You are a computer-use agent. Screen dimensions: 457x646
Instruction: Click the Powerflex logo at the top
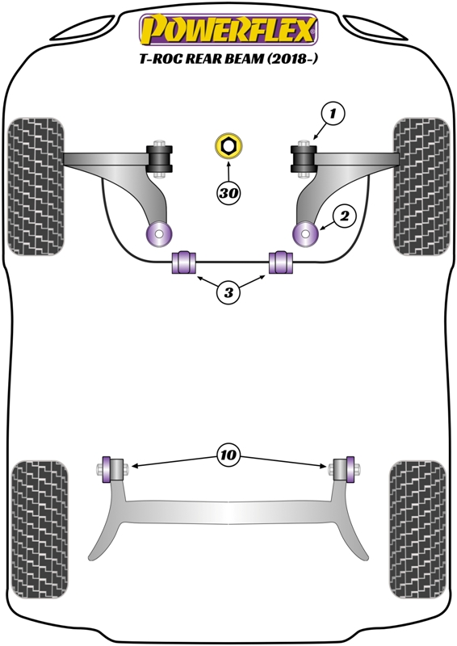click(228, 30)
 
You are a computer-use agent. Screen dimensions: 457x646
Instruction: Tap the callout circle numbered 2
click(344, 216)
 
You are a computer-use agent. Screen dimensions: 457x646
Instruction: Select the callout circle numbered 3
click(228, 292)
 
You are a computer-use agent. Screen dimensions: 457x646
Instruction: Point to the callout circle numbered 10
click(228, 455)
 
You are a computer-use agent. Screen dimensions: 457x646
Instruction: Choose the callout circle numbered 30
click(228, 193)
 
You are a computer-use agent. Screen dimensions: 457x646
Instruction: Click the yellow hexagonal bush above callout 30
click(228, 146)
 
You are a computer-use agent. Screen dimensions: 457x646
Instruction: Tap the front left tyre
click(36, 187)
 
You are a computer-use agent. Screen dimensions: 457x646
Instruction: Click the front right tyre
click(421, 187)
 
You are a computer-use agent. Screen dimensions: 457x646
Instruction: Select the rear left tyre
click(40, 530)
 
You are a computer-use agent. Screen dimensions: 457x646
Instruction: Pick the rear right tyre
click(418, 530)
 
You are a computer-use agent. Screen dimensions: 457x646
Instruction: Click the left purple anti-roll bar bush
click(184, 262)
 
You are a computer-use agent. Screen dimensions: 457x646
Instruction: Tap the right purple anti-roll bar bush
click(281, 262)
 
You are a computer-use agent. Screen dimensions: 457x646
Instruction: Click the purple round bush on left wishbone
click(159, 234)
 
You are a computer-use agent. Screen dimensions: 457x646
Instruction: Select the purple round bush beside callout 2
click(305, 233)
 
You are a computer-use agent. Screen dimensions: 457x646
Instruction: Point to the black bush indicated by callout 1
click(304, 158)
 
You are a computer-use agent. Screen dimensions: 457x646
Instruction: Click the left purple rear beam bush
click(107, 469)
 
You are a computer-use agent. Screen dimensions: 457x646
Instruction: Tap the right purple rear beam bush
click(350, 469)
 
